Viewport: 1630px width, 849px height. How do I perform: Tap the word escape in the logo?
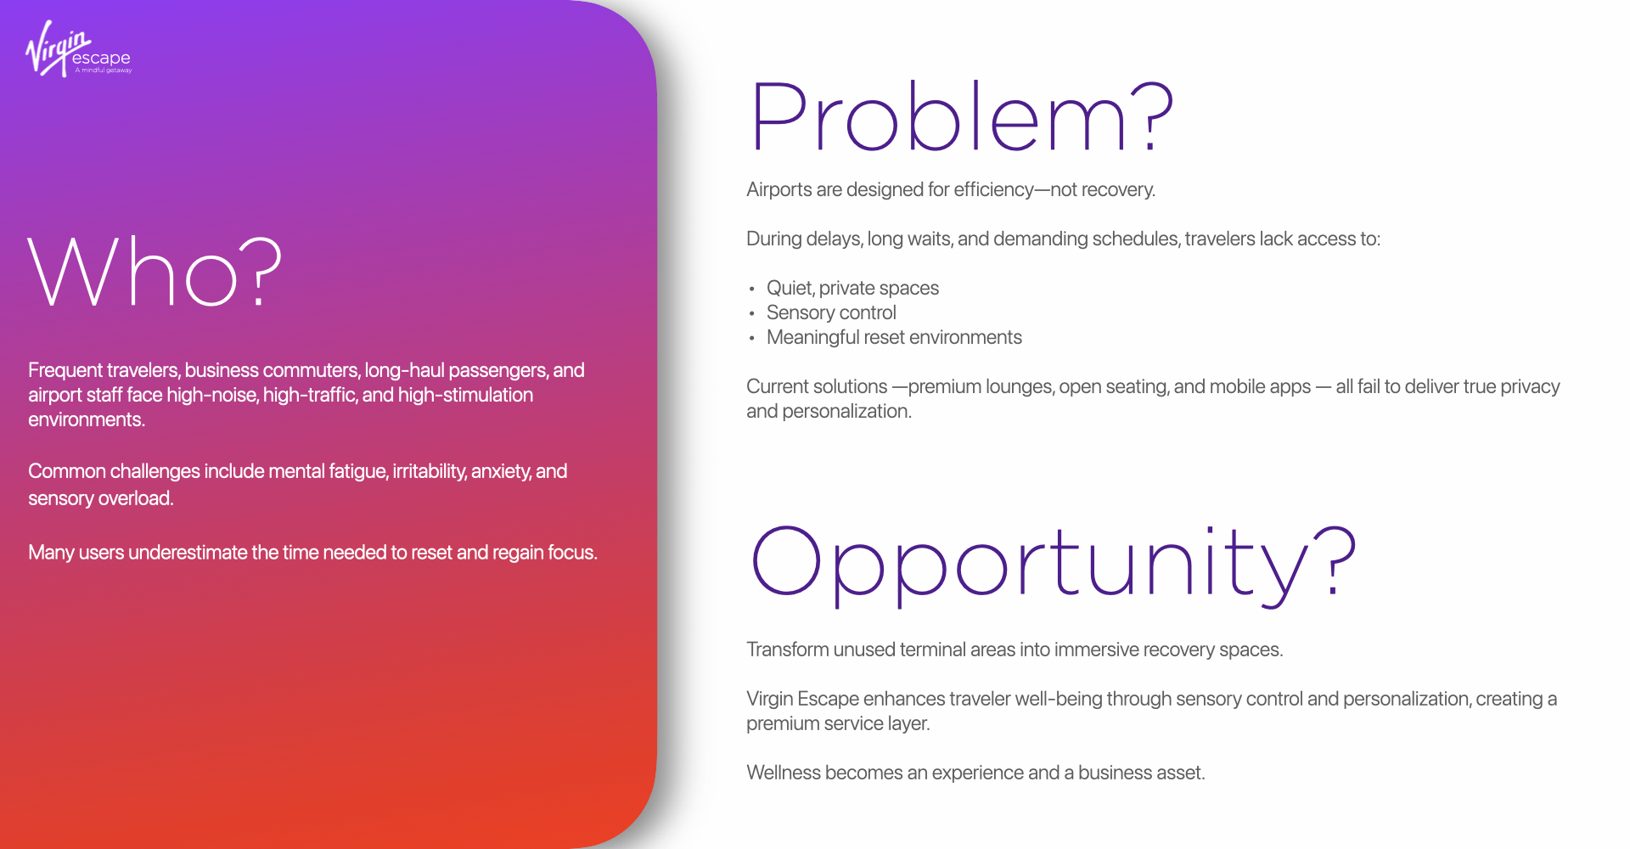click(x=101, y=59)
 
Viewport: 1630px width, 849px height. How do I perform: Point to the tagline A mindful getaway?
click(x=104, y=70)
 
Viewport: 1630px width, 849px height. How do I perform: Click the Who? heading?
click(x=155, y=272)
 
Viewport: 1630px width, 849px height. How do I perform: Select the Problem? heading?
click(x=962, y=116)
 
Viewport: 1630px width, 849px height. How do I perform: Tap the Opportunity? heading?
click(x=1054, y=564)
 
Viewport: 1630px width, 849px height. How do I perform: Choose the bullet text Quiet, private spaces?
click(x=852, y=288)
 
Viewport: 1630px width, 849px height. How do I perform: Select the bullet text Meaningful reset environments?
click(x=894, y=337)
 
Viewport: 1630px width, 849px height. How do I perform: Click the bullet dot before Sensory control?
click(x=751, y=314)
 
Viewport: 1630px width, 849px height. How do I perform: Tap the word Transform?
click(x=787, y=649)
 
